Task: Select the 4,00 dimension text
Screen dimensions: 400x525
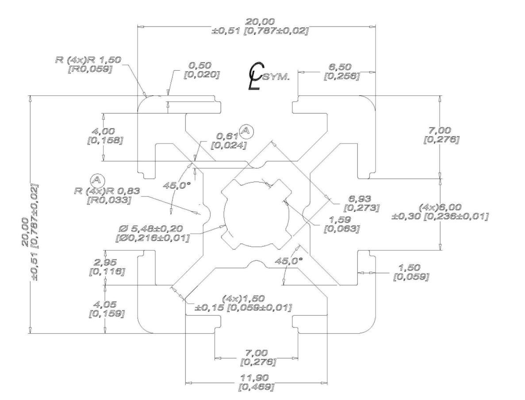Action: click(107, 131)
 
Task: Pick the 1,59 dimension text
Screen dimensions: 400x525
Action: click(342, 220)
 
